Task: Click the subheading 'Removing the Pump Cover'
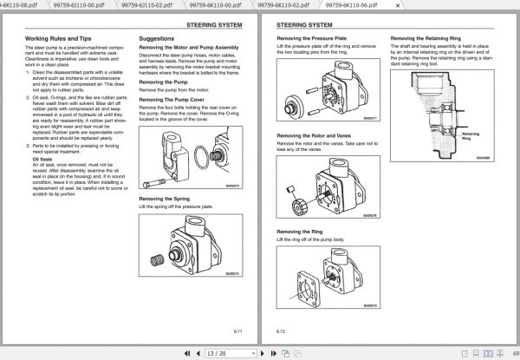coord(173,100)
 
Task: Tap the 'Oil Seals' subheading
coord(42,160)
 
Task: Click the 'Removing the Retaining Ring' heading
coord(428,39)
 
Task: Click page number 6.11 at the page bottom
coord(237,331)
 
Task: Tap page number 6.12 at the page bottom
coord(281,331)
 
